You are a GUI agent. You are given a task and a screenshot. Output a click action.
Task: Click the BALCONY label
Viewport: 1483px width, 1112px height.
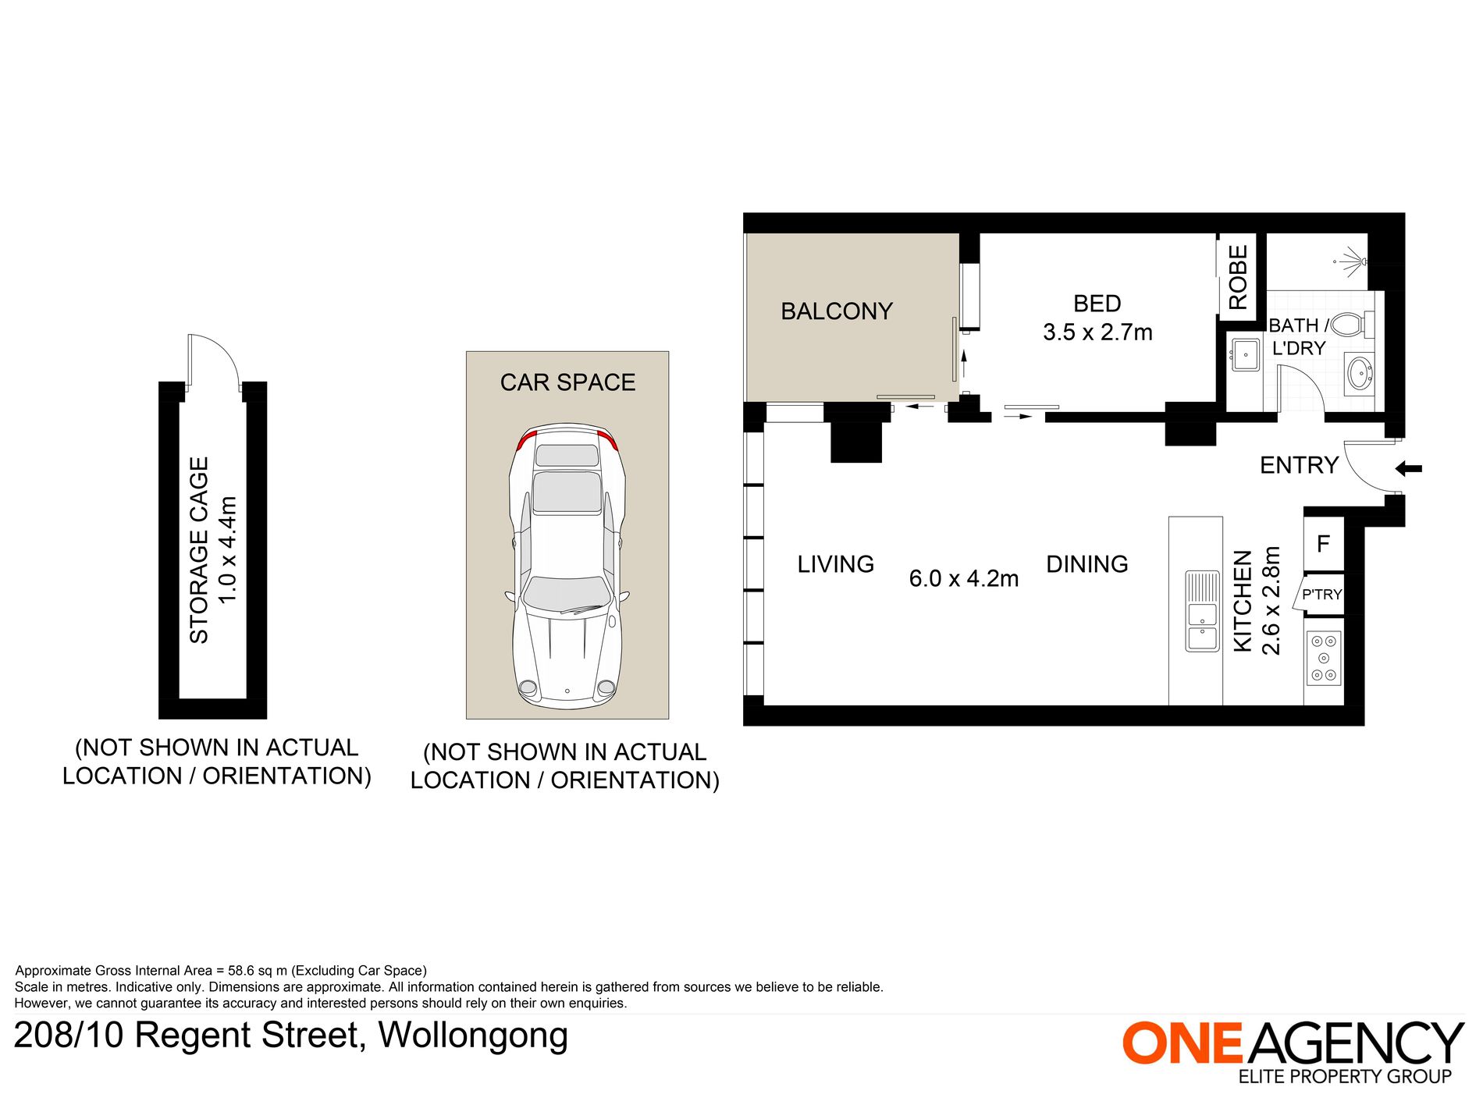(837, 311)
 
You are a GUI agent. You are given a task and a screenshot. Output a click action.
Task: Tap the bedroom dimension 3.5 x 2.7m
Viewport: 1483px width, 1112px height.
(1097, 332)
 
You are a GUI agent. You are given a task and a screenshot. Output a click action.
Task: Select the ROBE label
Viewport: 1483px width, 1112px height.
(1238, 277)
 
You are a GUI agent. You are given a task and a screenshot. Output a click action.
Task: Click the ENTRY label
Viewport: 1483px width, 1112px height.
(1299, 466)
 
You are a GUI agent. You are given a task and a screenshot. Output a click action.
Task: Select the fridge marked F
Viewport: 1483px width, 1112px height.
(1323, 544)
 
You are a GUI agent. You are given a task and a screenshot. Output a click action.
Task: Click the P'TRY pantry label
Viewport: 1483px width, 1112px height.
(1322, 595)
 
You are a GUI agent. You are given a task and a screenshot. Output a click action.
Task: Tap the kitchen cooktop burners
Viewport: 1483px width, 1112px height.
(1324, 659)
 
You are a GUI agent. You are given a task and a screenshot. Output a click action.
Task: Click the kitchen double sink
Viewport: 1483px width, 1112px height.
(1202, 611)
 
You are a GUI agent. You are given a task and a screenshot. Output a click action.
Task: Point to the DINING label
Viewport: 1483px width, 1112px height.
(1087, 564)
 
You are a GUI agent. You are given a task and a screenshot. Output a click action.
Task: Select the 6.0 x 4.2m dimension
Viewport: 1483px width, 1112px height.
(964, 579)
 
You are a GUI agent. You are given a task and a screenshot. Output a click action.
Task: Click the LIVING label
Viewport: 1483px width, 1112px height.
(836, 564)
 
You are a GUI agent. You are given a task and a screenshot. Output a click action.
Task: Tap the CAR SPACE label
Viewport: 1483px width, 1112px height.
(567, 382)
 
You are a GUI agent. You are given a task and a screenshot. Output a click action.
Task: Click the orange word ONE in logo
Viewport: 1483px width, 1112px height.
(1182, 1043)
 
